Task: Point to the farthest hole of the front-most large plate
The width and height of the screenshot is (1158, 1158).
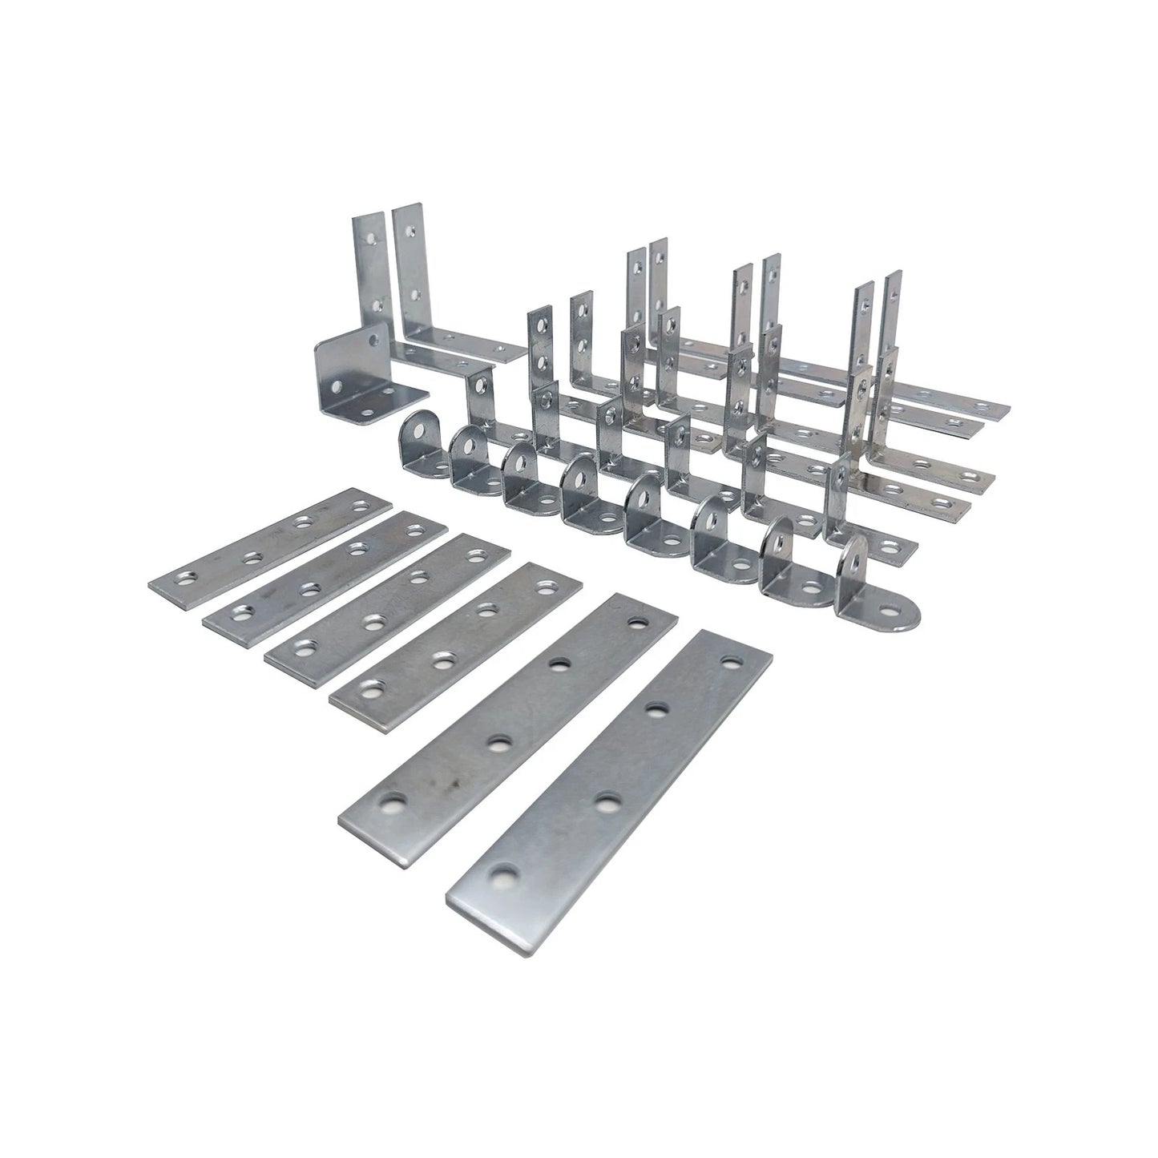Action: click(x=728, y=662)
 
